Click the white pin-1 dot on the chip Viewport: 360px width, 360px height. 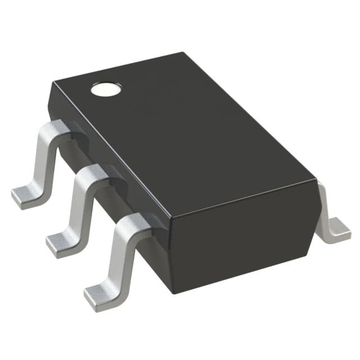coord(106,88)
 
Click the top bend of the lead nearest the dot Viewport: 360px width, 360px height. coord(60,128)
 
